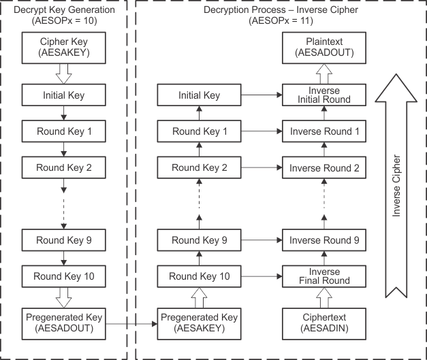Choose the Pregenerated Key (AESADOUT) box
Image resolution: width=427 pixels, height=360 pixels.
pyautogui.click(x=63, y=323)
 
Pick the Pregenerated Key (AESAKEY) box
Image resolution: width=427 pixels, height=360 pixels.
pyautogui.click(x=198, y=323)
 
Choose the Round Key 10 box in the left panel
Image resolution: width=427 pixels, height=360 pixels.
pyautogui.click(x=63, y=276)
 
